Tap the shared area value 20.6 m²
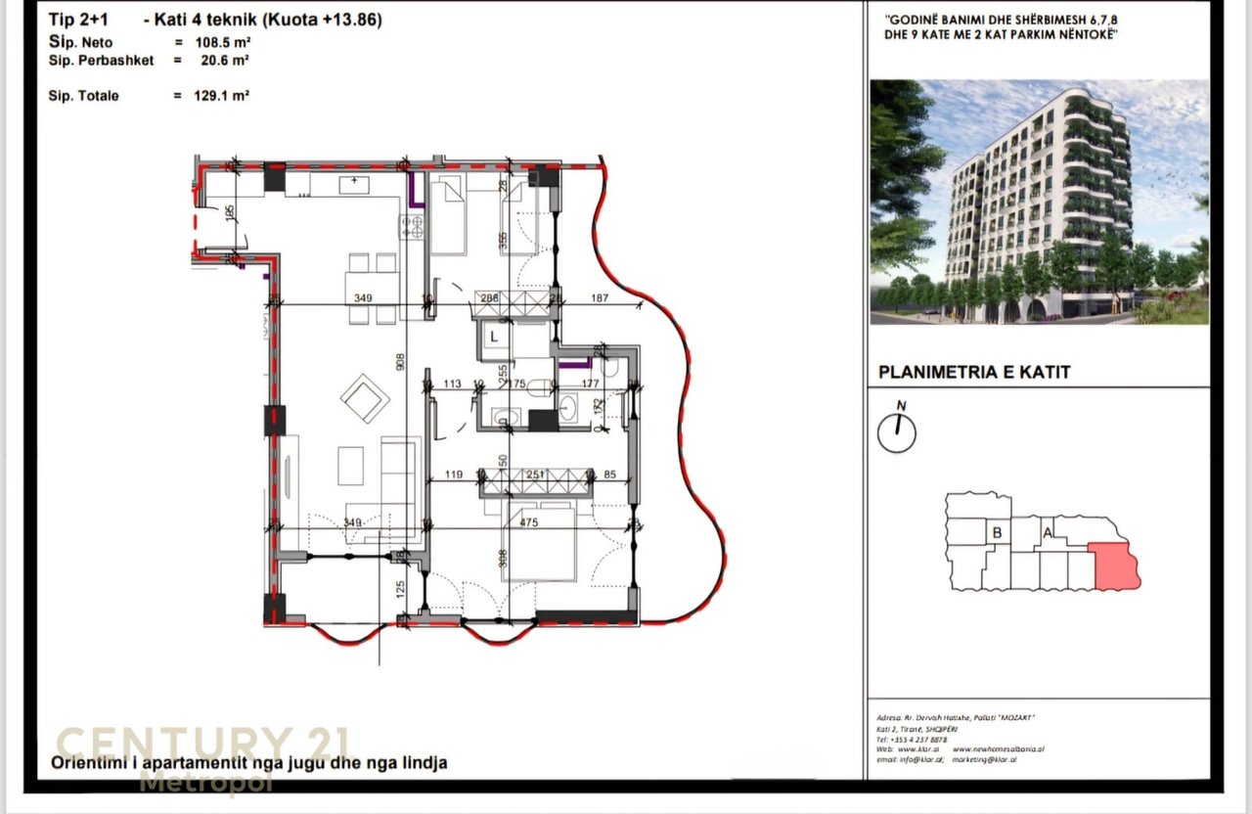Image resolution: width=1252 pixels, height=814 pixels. (x=221, y=61)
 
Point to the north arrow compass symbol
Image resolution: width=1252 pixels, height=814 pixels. (x=897, y=430)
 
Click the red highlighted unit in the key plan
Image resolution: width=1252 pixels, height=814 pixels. (x=1116, y=568)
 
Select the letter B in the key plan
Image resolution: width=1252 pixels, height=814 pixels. (x=997, y=532)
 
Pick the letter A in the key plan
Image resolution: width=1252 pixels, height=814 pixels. (x=1048, y=532)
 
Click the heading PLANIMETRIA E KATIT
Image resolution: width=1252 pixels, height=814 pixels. (x=974, y=372)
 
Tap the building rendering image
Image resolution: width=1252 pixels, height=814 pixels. (x=1039, y=202)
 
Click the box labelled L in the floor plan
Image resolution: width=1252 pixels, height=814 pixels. (x=494, y=337)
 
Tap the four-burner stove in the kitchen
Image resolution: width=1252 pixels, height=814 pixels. (x=412, y=227)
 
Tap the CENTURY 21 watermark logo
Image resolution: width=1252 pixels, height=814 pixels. (x=201, y=744)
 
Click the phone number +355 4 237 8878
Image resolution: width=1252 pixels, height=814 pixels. (x=912, y=740)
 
